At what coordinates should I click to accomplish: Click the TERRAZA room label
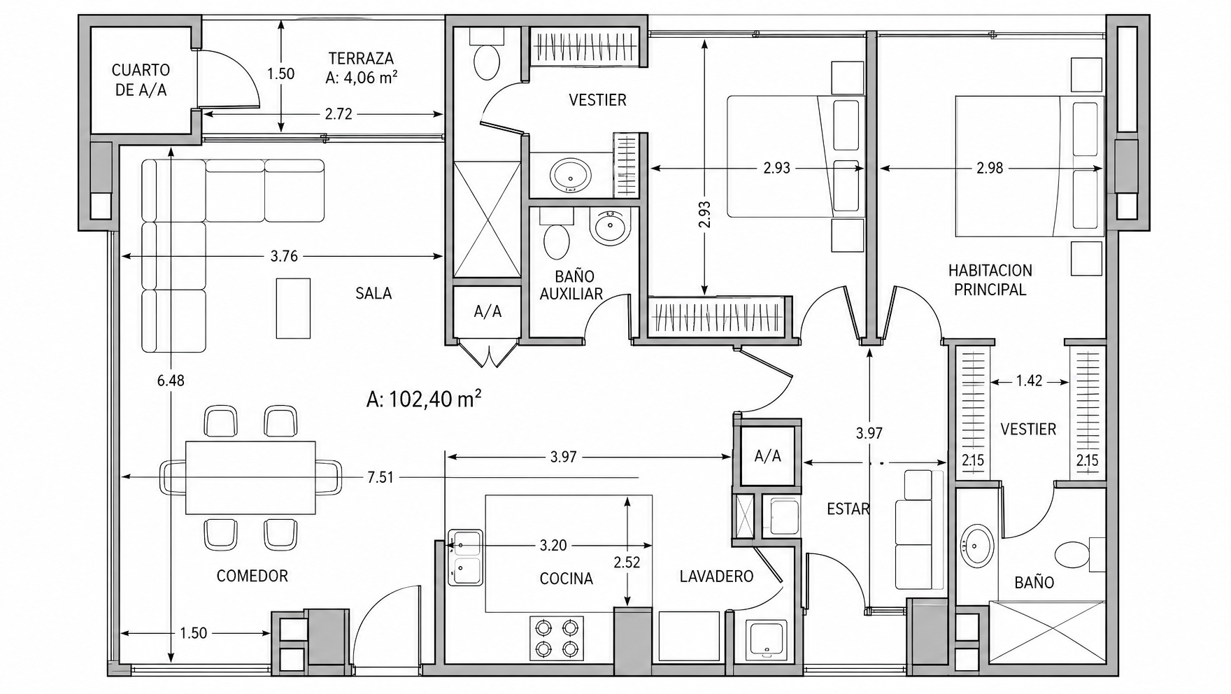coord(361,59)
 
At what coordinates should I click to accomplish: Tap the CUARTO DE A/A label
coord(141,80)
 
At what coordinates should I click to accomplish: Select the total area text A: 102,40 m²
coord(424,399)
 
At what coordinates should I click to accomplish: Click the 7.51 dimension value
coord(380,478)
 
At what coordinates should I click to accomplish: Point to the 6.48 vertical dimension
coord(171,381)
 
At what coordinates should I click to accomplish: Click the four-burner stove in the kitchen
coord(557,638)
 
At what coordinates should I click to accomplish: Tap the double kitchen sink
coord(465,557)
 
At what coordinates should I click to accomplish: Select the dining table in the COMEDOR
coord(250,477)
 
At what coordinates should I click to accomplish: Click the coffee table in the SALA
coord(293,308)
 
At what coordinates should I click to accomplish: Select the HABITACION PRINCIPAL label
coord(990,280)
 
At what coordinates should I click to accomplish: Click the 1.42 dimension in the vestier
coord(1029,381)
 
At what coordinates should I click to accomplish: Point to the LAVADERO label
coord(716,576)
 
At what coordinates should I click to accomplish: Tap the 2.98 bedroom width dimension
coord(990,168)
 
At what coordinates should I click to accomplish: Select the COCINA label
coord(567,579)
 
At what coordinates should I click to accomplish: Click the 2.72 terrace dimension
coord(339,114)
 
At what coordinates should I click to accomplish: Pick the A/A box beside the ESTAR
coord(767,456)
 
